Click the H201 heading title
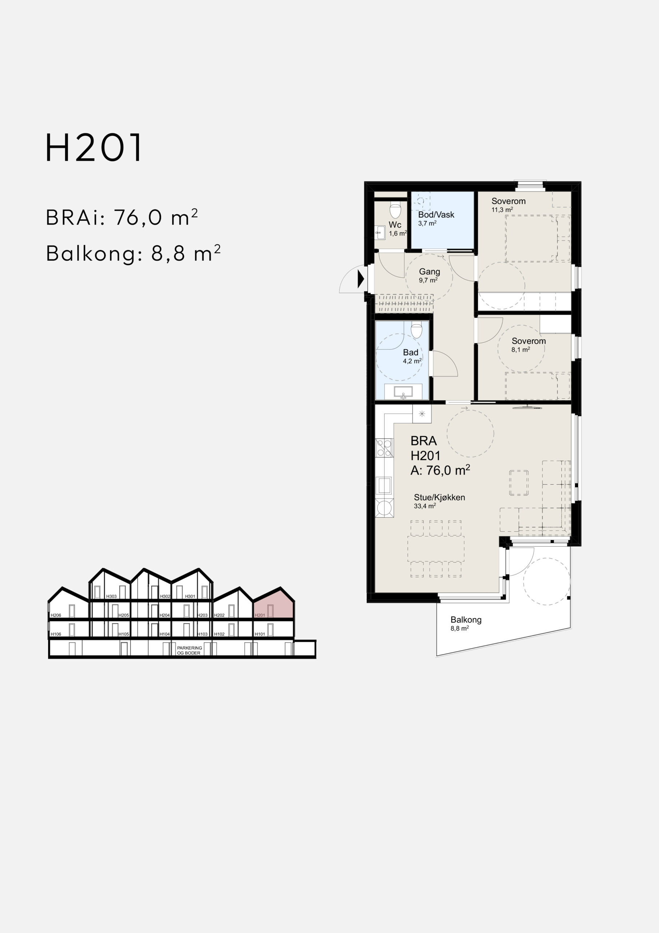[x=94, y=148]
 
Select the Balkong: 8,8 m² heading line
[x=133, y=254]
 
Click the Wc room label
[x=395, y=225]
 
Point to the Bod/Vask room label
[x=436, y=215]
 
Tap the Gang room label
[x=429, y=272]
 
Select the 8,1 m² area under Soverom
[x=521, y=350]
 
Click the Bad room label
[x=410, y=352]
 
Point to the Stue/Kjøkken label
[x=439, y=497]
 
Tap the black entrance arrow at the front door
[x=360, y=279]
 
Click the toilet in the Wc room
[x=395, y=211]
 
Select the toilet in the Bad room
[x=417, y=330]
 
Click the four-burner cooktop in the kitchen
[x=384, y=448]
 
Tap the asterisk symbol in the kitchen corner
[x=422, y=414]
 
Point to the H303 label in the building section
[x=111, y=597]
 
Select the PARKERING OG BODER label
[x=190, y=650]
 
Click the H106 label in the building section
[x=56, y=634]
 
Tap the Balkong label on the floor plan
[x=466, y=620]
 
